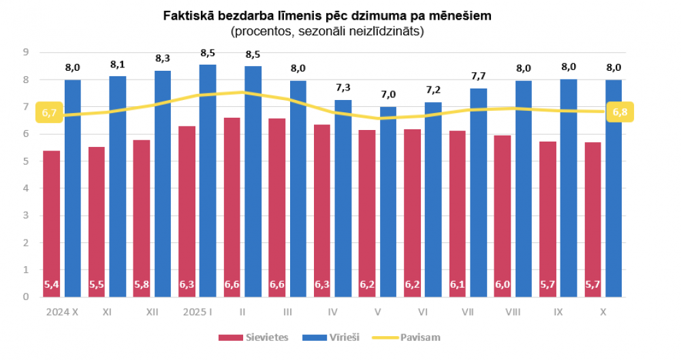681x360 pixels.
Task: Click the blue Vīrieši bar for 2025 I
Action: click(208, 180)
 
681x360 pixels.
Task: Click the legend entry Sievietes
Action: click(259, 337)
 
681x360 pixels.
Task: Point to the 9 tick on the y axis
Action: click(25, 52)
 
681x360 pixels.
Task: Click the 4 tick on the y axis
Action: click(25, 189)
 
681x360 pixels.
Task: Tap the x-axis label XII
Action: click(153, 312)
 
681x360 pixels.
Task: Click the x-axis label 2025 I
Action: click(197, 312)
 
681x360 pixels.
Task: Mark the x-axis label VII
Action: click(468, 312)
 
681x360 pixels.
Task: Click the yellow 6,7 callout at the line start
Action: click(49, 112)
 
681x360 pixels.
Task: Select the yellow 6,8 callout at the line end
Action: click(620, 112)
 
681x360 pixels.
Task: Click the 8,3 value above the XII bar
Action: click(163, 59)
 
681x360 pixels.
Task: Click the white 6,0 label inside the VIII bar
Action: click(502, 284)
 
